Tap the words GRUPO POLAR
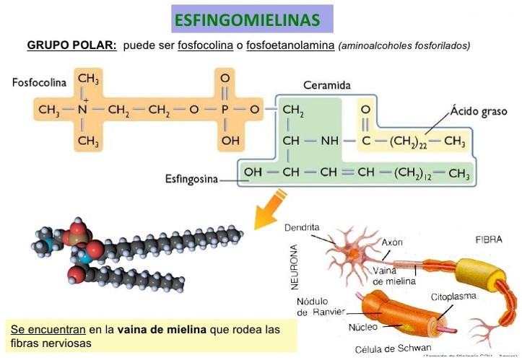pos(71,45)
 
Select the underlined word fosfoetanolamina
pos(291,45)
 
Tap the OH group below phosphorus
pos(230,141)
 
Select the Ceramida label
pos(327,85)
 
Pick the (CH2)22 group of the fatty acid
pos(409,141)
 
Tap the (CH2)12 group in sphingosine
pos(413,173)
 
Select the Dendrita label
pos(302,227)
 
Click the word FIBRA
pos(489,239)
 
